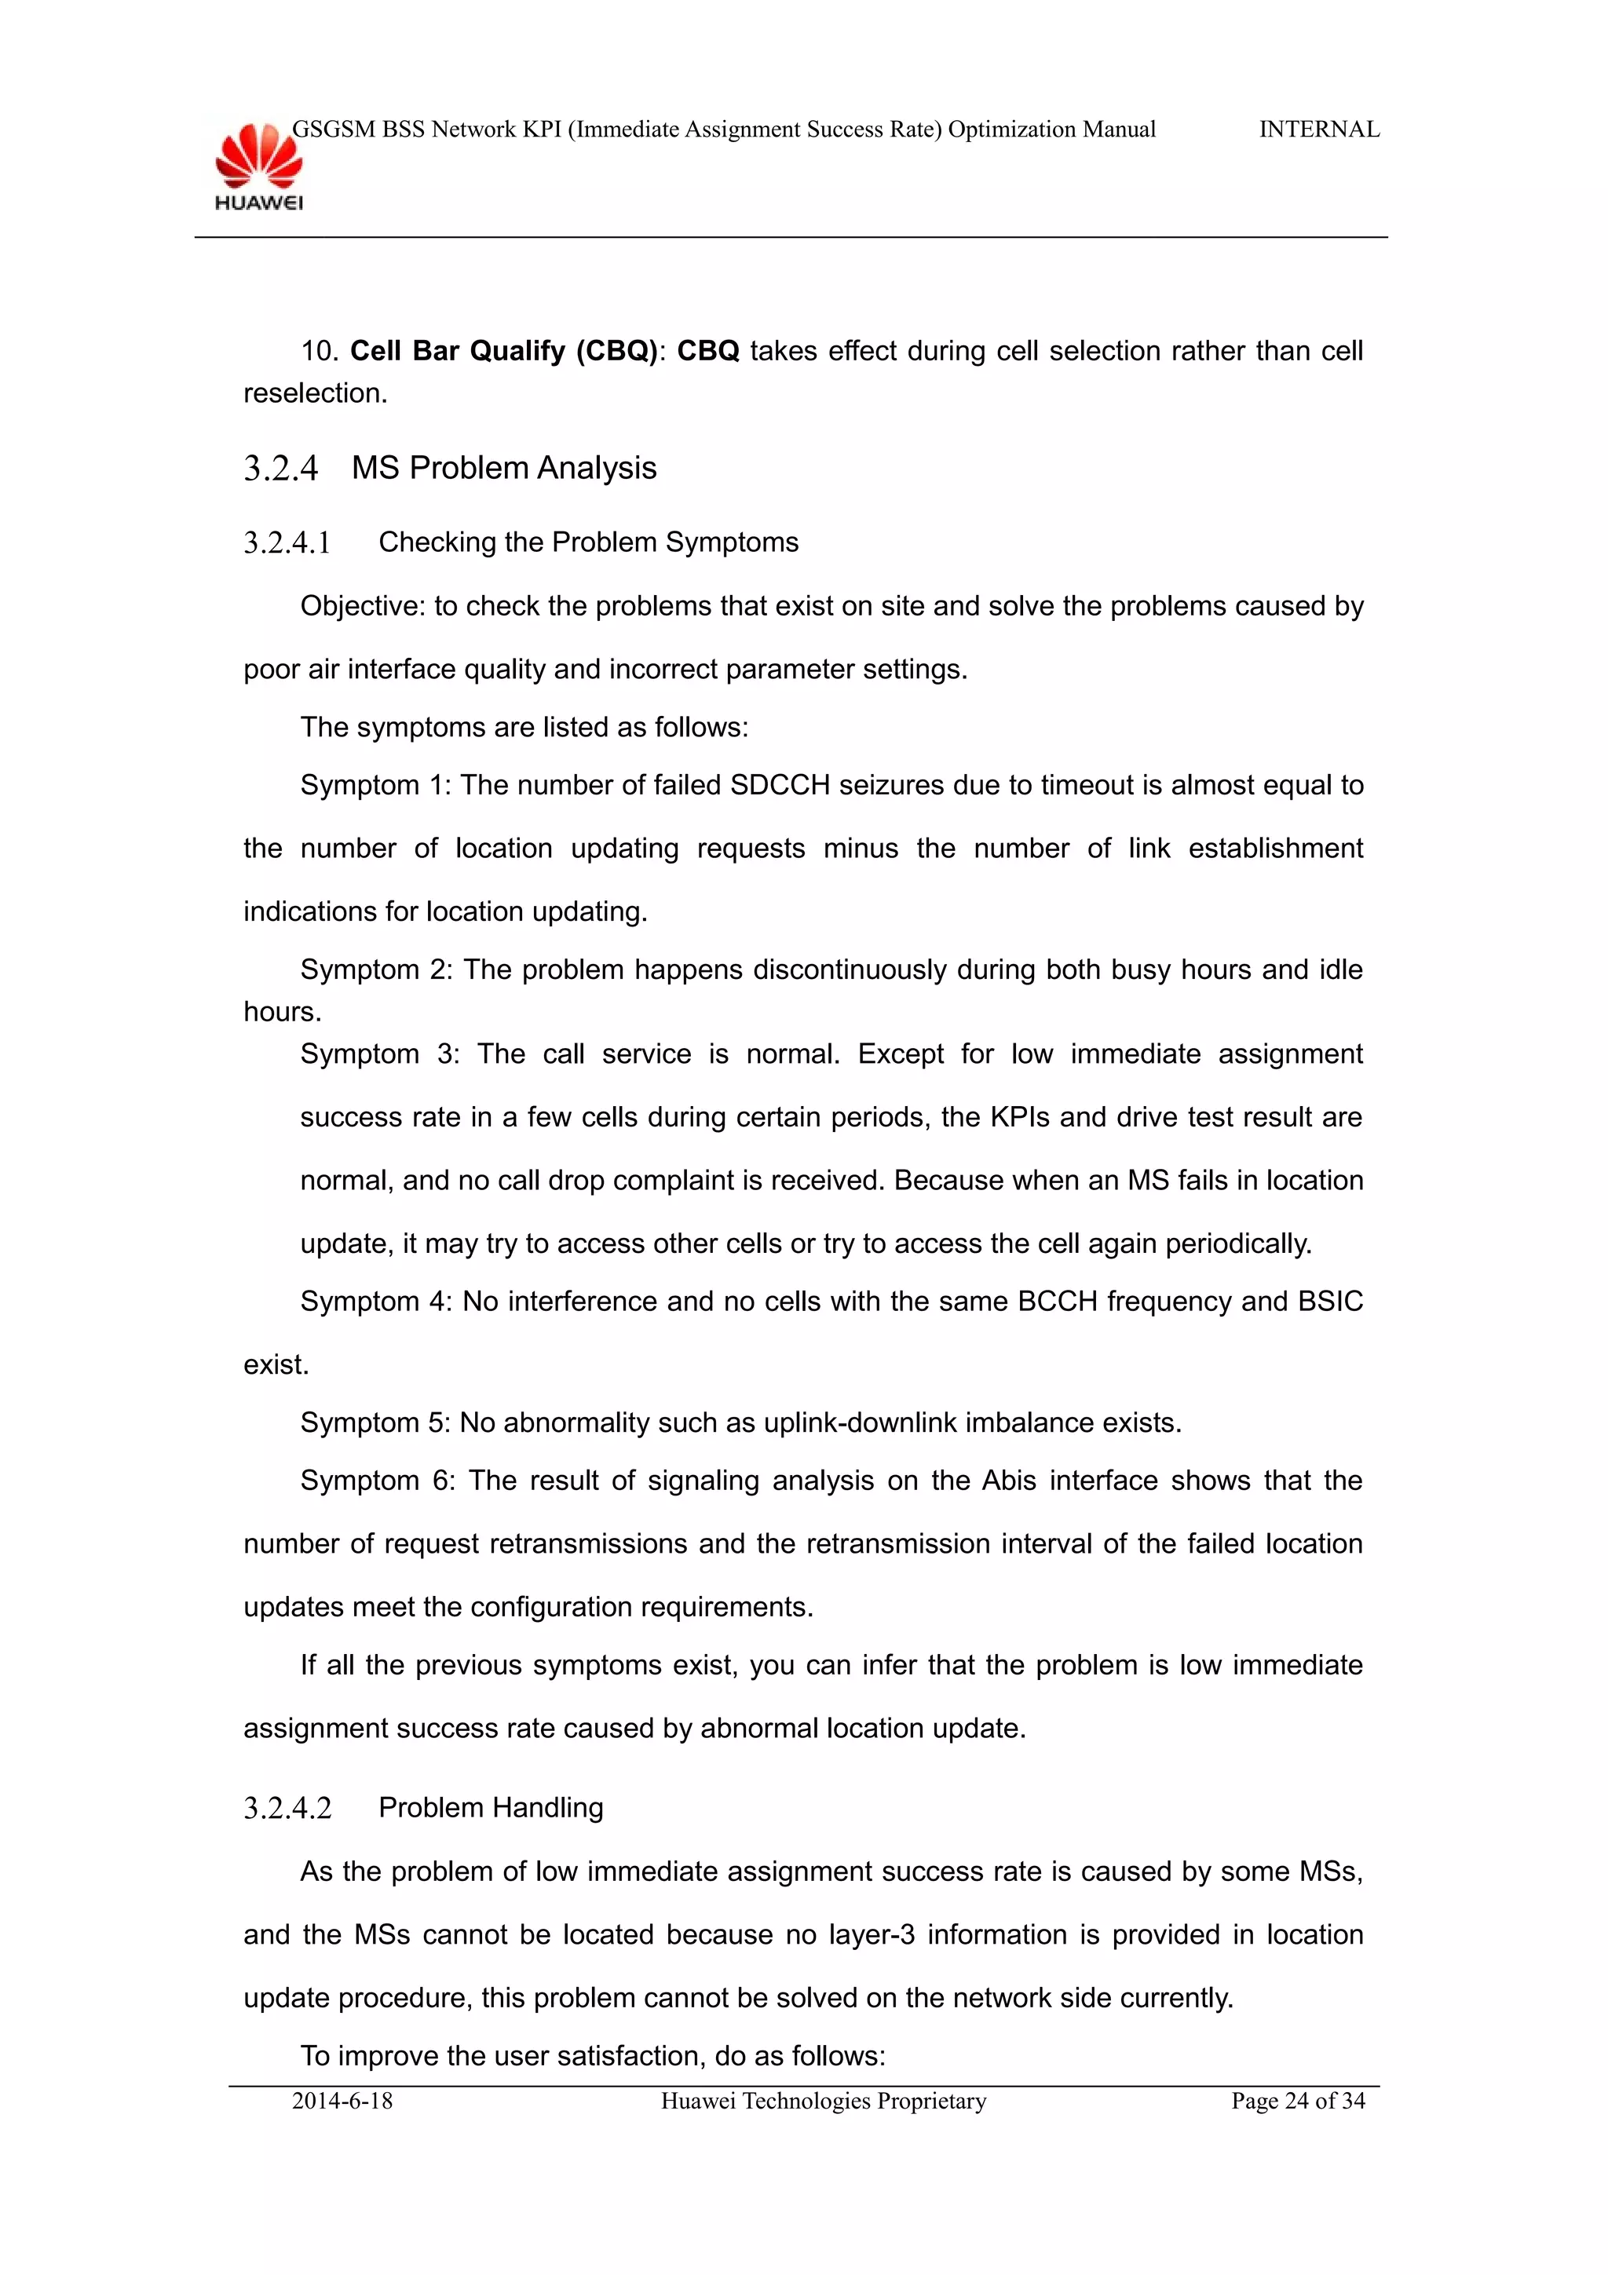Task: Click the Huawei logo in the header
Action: pos(258,166)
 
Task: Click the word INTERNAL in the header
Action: pos(1319,130)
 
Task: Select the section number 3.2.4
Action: pos(280,468)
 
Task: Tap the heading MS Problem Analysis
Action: pos(503,468)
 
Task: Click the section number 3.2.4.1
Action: pos(287,543)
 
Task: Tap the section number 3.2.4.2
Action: pos(287,1809)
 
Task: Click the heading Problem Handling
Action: pos(491,1807)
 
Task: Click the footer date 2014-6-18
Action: pos(342,2101)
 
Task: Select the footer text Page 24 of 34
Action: pos(1297,2101)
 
